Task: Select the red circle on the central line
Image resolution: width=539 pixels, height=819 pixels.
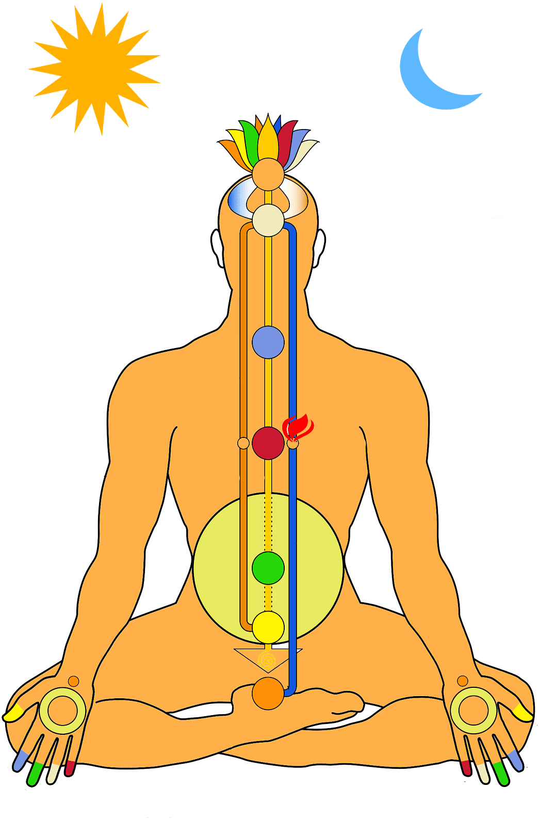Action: [268, 443]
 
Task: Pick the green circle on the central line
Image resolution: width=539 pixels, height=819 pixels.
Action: [268, 568]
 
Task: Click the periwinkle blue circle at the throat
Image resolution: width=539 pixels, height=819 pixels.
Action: [268, 342]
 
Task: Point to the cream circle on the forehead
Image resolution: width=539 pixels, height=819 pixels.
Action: [268, 220]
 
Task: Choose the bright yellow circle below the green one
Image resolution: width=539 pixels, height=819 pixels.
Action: [268, 627]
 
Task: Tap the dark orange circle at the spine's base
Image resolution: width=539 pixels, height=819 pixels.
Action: [268, 694]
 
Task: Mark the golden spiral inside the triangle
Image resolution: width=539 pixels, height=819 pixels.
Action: [267, 659]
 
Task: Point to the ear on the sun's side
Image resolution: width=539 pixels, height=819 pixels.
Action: [217, 248]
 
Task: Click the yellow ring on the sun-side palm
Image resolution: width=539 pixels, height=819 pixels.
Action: [62, 711]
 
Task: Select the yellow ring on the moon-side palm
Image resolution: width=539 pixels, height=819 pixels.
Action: [473, 711]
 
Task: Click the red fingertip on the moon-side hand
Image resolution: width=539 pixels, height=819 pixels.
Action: [466, 767]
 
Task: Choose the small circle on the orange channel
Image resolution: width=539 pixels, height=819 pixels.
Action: [243, 443]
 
